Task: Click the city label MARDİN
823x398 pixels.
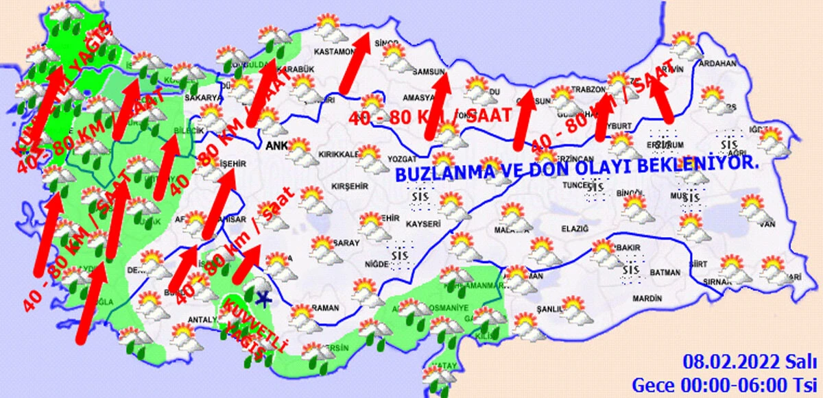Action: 647,299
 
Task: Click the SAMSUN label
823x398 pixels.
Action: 429,71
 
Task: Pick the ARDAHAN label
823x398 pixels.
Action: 717,64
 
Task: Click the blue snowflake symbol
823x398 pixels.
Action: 262,297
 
